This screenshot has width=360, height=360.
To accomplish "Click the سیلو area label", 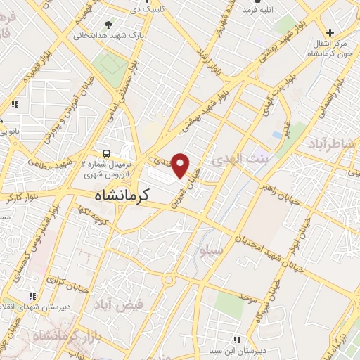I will coord(211,251).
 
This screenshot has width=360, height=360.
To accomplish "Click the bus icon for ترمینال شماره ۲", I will coord(106,153).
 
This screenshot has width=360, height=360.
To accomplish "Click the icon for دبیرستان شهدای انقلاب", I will coord(32,296).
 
